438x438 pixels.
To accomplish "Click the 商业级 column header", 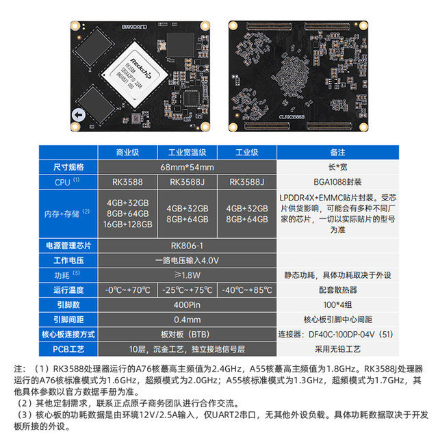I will pyautogui.click(x=128, y=152).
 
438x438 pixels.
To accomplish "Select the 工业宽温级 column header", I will pyautogui.click(x=188, y=152).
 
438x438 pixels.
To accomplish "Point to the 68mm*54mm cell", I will pyautogui.click(x=188, y=167).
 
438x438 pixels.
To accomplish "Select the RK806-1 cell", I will pyautogui.click(x=188, y=244).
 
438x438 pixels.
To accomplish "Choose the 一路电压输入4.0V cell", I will pyautogui.click(x=188, y=260).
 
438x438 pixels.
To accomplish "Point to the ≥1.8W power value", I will pyautogui.click(x=188, y=275).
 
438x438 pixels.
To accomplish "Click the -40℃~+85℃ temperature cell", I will pyautogui.click(x=247, y=289).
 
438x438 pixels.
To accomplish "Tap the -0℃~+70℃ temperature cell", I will pyautogui.click(x=128, y=289).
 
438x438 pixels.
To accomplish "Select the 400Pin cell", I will pyautogui.click(x=188, y=305).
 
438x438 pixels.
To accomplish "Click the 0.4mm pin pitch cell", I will pyautogui.click(x=188, y=319).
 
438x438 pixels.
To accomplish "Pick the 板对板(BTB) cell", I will pyautogui.click(x=188, y=334).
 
